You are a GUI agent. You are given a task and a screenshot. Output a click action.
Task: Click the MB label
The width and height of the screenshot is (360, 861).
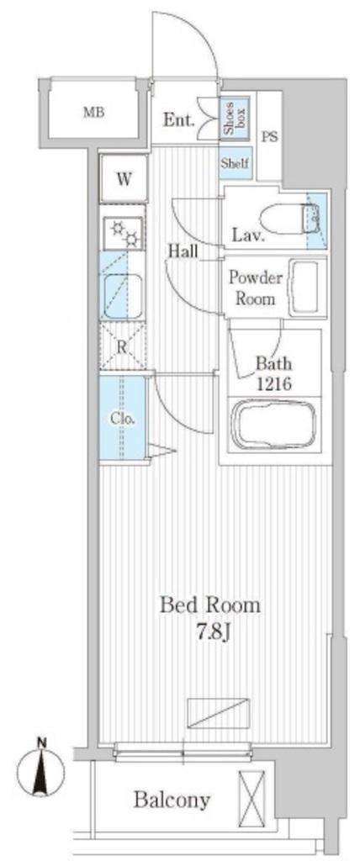(93, 114)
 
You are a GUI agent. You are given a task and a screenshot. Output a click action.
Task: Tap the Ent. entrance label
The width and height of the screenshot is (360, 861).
(178, 120)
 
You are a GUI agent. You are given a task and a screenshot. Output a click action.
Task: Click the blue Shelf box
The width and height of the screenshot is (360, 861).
(236, 162)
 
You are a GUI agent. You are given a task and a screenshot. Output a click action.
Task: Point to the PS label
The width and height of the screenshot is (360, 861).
(269, 137)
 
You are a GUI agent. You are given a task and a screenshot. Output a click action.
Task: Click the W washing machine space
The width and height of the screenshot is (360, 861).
(124, 179)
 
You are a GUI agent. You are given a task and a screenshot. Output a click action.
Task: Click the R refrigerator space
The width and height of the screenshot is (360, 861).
(123, 346)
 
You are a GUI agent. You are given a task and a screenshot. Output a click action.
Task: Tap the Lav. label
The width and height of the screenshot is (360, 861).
(248, 237)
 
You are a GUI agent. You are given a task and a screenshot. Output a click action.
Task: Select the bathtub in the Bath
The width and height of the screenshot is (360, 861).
(273, 425)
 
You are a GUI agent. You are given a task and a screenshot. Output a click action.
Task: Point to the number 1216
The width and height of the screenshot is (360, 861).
(273, 383)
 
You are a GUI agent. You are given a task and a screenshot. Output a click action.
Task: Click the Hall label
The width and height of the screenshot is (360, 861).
(183, 251)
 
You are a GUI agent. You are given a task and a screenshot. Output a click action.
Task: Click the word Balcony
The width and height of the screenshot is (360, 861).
(172, 800)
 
